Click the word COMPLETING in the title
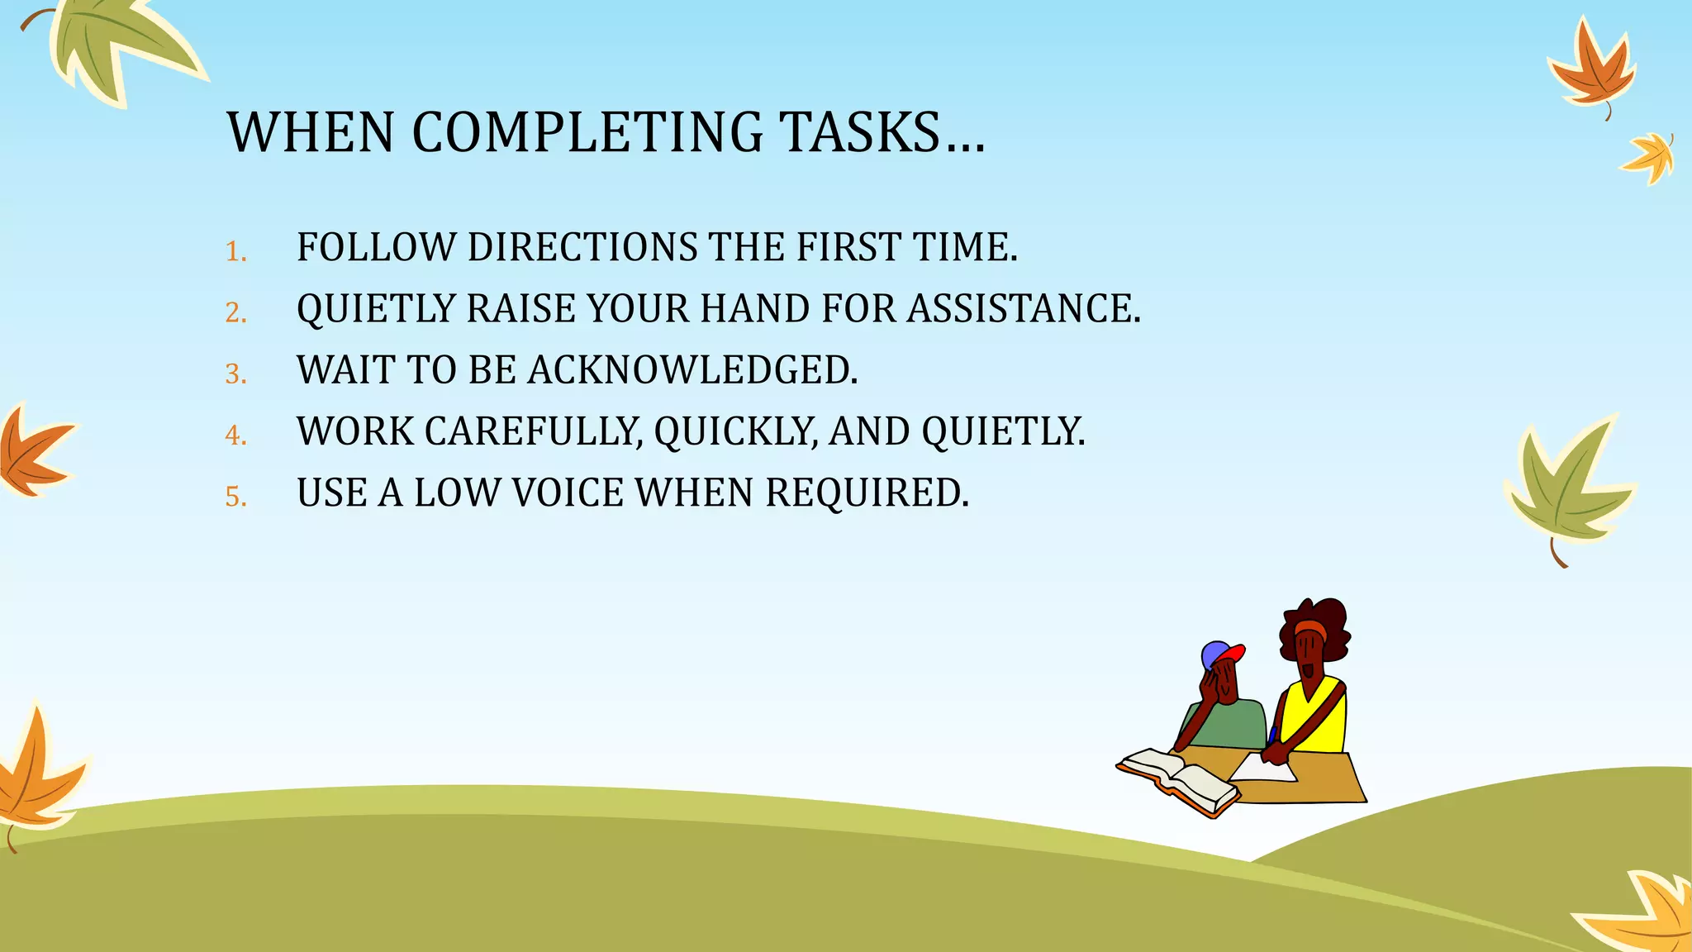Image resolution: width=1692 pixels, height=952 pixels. [587, 132]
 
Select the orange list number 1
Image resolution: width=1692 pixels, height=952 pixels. [235, 251]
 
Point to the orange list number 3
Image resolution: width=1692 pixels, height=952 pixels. [235, 374]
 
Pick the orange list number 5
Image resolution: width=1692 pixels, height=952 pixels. [235, 497]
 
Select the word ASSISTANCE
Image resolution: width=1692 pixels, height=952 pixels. [1023, 309]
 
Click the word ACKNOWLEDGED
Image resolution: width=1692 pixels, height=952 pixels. [692, 370]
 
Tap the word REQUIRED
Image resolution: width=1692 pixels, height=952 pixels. [866, 493]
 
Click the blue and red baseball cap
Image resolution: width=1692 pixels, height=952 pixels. [1221, 655]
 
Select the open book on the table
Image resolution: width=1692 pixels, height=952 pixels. [1176, 779]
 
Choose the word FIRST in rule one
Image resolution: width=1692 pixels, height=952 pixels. [848, 247]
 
